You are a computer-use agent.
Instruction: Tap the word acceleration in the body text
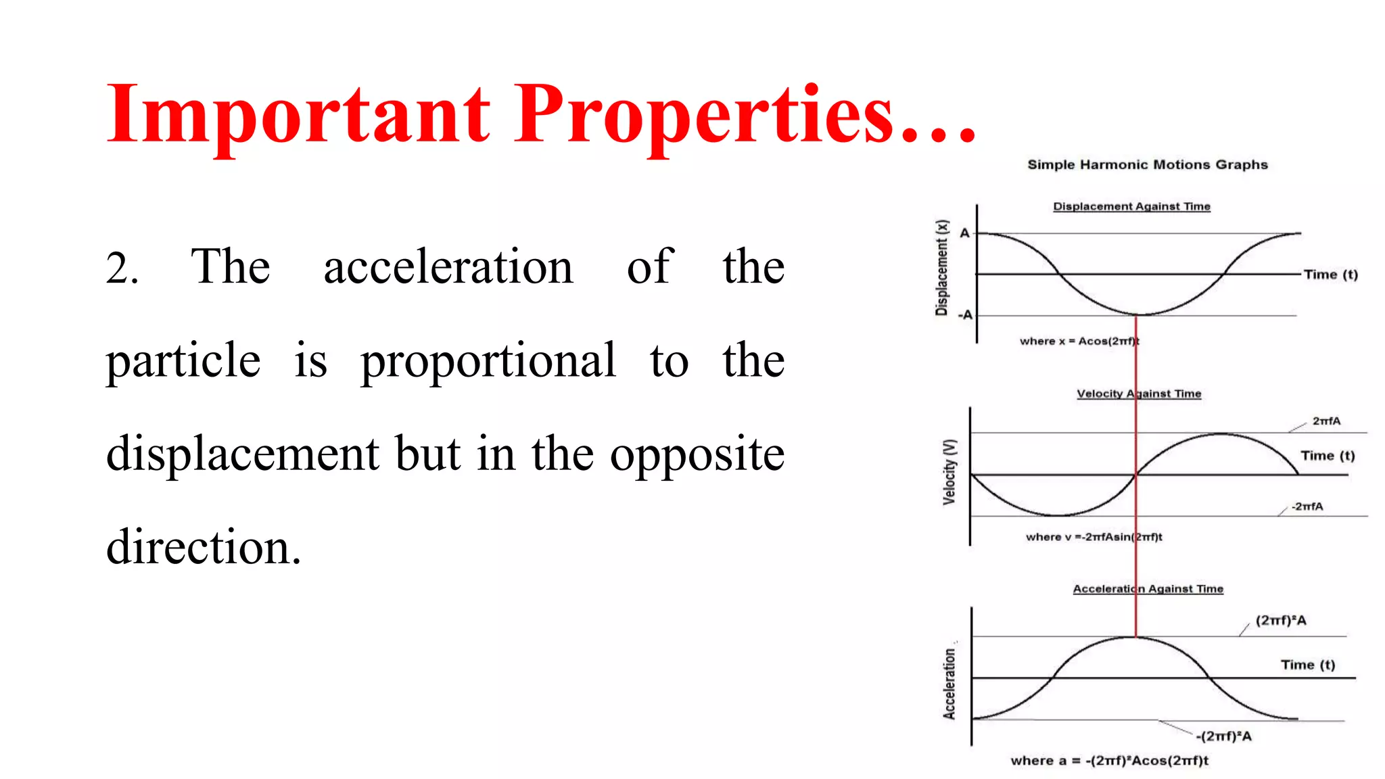(x=448, y=266)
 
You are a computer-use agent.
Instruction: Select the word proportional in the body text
(x=488, y=360)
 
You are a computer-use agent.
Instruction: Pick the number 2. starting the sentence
(x=122, y=268)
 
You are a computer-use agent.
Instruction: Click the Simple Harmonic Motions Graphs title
(x=1147, y=164)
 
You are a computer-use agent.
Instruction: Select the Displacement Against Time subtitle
(x=1131, y=206)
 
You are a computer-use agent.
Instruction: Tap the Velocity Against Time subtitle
(x=1139, y=394)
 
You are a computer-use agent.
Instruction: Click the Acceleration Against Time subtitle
(x=1148, y=589)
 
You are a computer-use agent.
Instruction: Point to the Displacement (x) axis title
(x=941, y=268)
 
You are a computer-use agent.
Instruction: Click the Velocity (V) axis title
(x=949, y=472)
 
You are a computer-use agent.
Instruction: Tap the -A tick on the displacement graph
(x=965, y=315)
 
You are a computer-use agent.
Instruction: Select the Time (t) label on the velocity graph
(x=1328, y=456)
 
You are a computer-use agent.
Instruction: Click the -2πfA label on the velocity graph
(x=1307, y=506)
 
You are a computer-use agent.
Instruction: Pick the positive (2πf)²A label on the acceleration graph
(x=1280, y=621)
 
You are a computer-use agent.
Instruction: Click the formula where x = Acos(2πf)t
(x=1079, y=341)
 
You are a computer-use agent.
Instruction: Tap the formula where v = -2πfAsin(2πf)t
(x=1094, y=537)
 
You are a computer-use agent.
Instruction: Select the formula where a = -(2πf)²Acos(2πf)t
(x=1109, y=761)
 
